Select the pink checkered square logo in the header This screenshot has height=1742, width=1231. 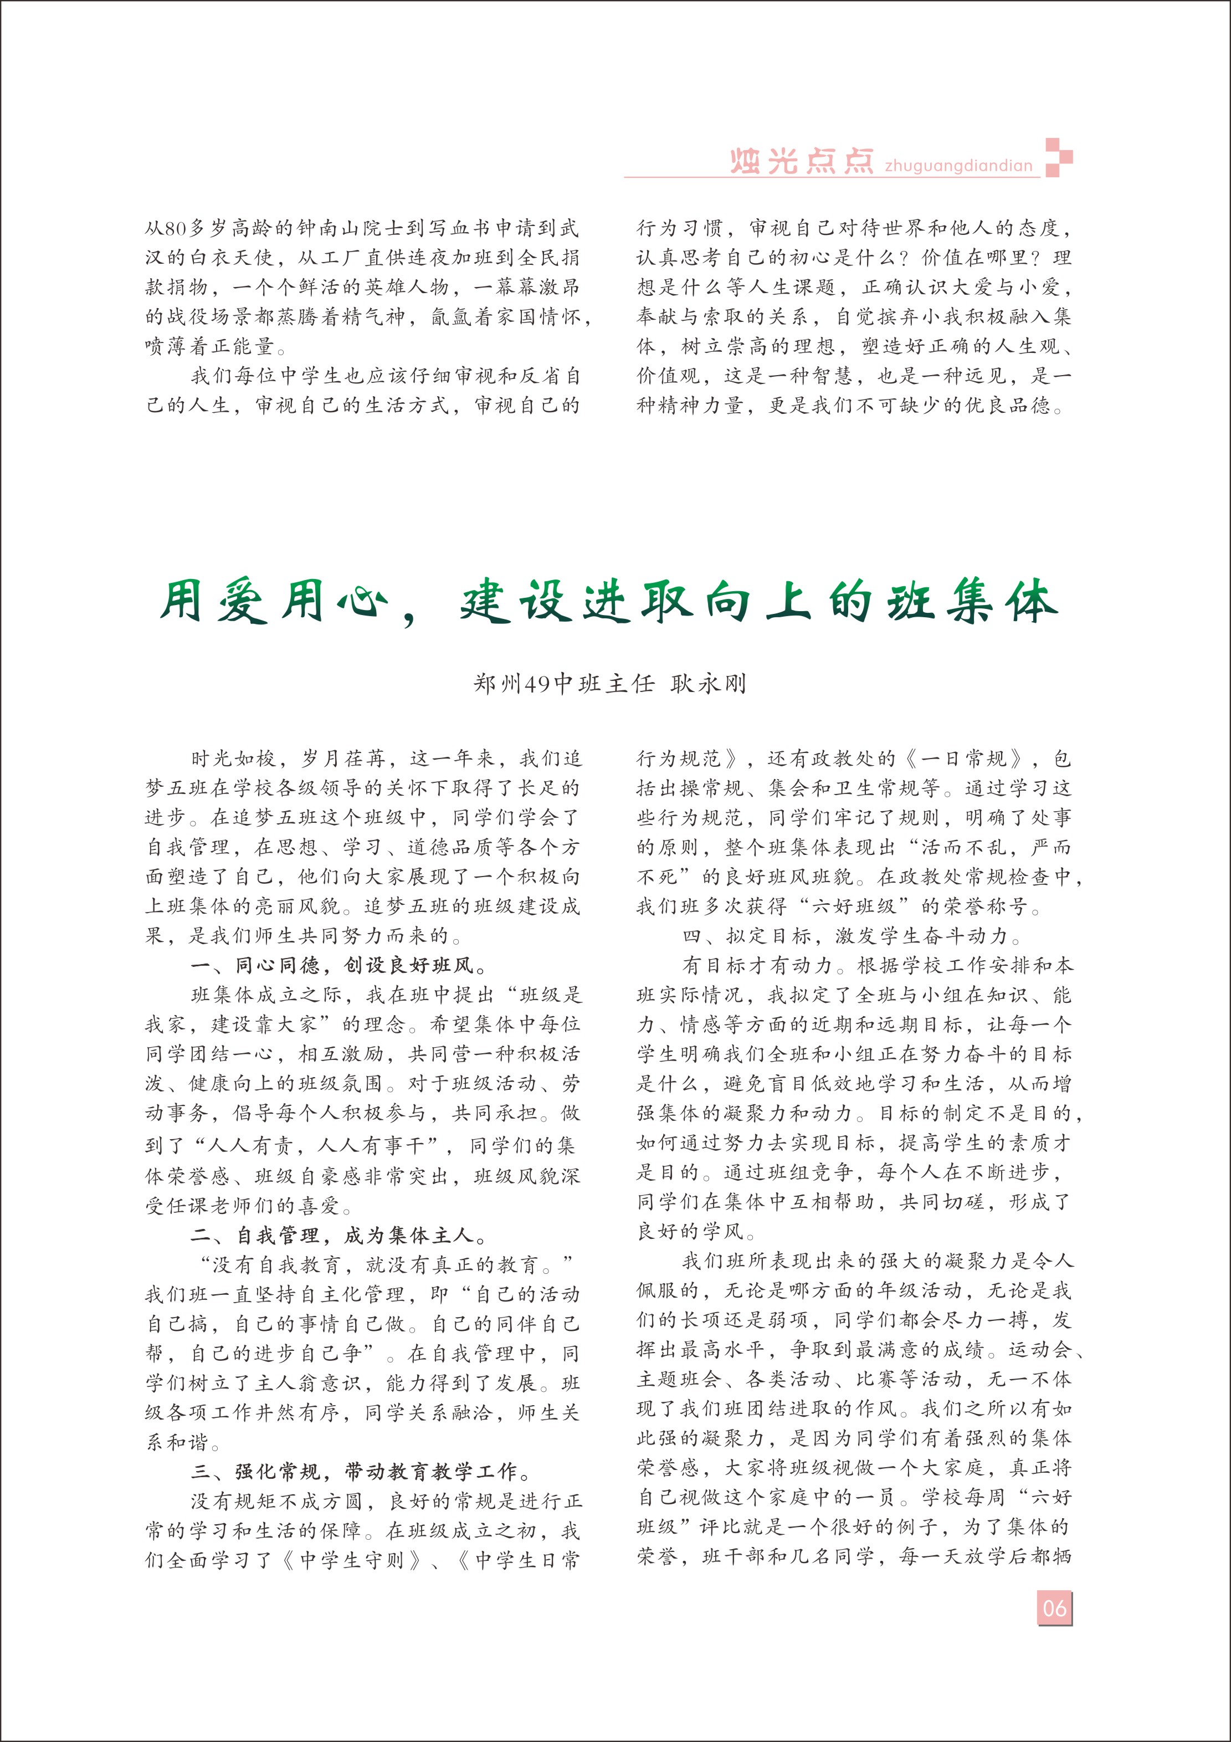pos(1059,157)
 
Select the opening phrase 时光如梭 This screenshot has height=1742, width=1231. pos(234,759)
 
